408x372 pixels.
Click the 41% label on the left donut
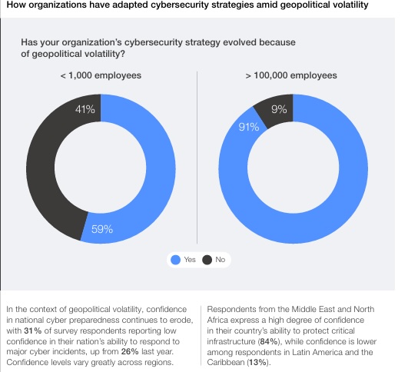pyautogui.click(x=85, y=110)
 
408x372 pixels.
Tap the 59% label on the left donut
pyautogui.click(x=103, y=228)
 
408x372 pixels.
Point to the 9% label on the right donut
pyautogui.click(x=280, y=110)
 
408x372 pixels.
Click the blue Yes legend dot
pyautogui.click(x=175, y=261)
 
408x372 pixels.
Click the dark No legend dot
pyautogui.click(x=207, y=261)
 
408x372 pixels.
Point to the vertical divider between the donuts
pyautogui.click(x=197, y=154)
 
